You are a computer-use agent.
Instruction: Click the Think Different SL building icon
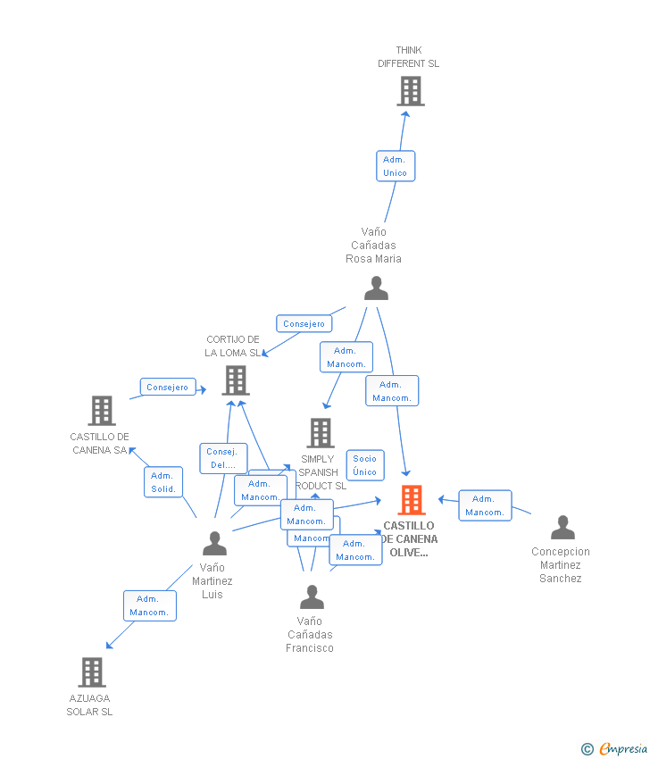click(x=410, y=91)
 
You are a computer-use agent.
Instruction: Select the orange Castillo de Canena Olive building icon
click(x=412, y=500)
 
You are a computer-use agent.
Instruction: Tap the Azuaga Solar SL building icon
click(x=92, y=672)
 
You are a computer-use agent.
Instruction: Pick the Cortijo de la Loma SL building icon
click(x=236, y=380)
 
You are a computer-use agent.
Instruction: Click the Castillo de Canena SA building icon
click(x=102, y=411)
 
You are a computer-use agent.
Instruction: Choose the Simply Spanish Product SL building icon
click(x=320, y=433)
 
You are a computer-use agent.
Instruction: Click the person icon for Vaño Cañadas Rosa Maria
click(x=376, y=288)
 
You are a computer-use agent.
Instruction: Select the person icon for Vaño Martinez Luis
click(x=214, y=543)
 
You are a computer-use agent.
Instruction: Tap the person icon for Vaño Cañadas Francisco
click(x=312, y=596)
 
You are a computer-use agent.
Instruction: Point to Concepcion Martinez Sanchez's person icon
click(x=562, y=528)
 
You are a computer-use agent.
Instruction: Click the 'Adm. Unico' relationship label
click(x=395, y=166)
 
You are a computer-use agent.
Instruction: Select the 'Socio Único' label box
click(x=364, y=465)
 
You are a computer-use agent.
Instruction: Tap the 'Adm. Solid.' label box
click(x=163, y=482)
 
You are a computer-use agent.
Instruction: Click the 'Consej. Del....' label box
click(x=222, y=458)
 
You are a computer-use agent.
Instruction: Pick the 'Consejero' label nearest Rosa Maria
click(x=304, y=323)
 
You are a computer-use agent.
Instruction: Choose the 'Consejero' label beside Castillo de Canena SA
click(x=167, y=388)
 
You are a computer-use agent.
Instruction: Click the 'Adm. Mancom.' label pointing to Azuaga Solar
click(x=149, y=605)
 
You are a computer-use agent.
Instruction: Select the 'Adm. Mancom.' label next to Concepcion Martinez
click(x=485, y=505)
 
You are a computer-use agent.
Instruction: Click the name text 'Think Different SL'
click(x=408, y=57)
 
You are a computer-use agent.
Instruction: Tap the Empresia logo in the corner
click(x=615, y=748)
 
